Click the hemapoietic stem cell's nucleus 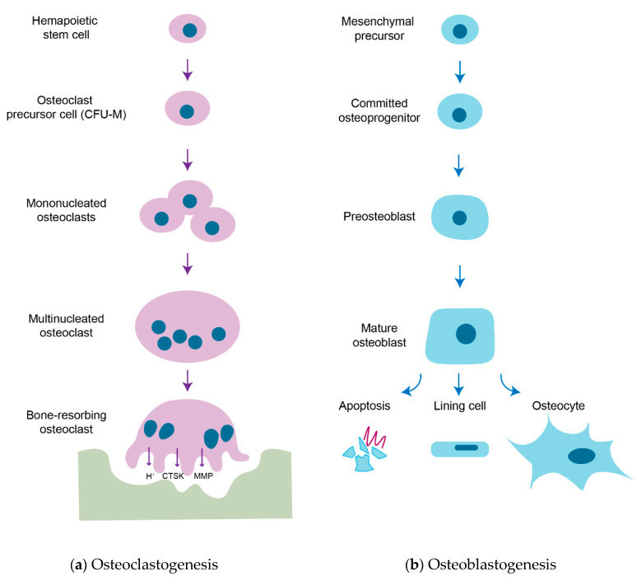189,30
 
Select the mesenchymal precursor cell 460,30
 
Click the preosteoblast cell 444,218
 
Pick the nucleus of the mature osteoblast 466,333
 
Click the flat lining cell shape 460,448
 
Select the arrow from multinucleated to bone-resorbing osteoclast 189,380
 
